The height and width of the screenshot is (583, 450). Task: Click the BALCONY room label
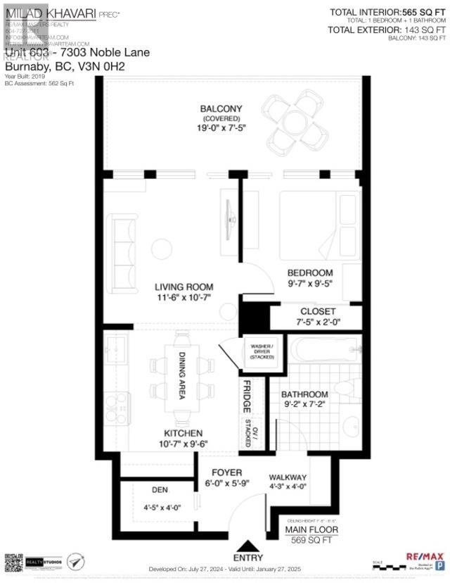[x=221, y=108]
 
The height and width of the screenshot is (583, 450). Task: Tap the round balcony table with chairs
[x=290, y=119]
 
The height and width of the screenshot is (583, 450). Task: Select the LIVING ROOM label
[x=184, y=287]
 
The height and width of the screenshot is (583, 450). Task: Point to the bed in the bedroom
[x=319, y=225]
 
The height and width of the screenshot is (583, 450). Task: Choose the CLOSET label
[x=318, y=311]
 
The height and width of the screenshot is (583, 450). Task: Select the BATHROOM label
[x=305, y=394]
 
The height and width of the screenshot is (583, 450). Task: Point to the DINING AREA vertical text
[x=181, y=376]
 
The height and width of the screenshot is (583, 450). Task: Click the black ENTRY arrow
[x=250, y=547]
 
